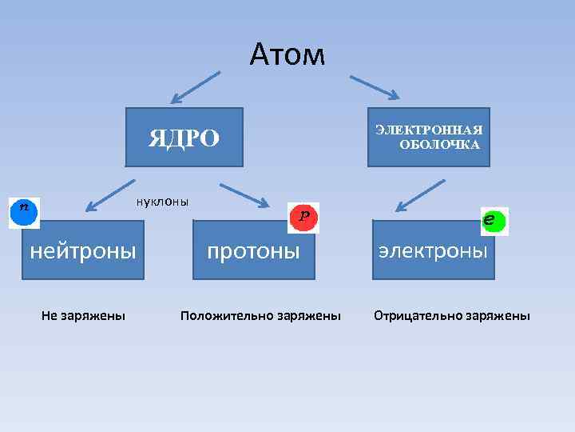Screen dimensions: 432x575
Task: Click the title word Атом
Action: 287,55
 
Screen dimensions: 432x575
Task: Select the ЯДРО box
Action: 183,138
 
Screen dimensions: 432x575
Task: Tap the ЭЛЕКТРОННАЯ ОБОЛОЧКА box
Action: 429,137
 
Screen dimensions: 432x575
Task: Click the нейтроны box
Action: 83,251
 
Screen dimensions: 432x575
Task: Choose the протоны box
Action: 253,251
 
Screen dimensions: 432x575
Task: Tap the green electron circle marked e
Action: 494,221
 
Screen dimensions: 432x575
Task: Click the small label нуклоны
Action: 162,201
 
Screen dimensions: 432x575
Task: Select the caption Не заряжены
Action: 83,316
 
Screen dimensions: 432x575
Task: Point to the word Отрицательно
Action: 413,316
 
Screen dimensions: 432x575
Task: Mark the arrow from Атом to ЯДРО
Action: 195,87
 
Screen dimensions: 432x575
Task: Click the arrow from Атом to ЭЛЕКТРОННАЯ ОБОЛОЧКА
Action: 375,87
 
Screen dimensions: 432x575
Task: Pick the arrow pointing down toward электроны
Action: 420,196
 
